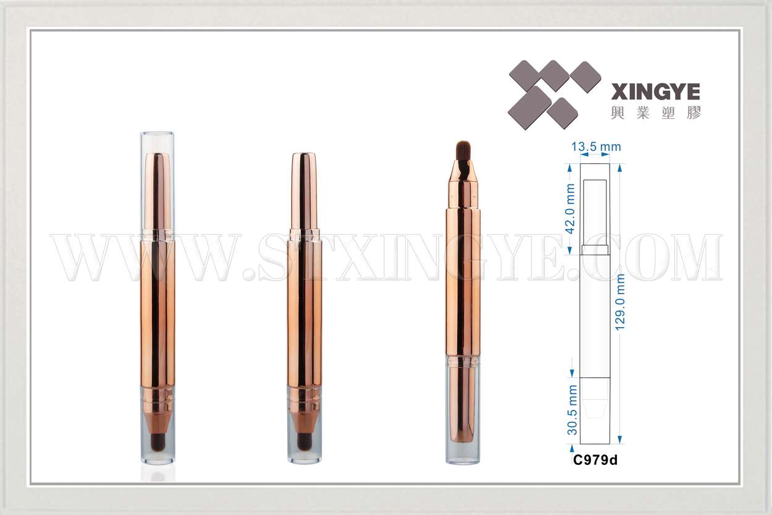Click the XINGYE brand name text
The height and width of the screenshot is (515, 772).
pyautogui.click(x=655, y=92)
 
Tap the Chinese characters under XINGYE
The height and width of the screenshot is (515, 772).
pyautogui.click(x=655, y=113)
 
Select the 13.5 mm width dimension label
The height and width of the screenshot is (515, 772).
pyautogui.click(x=596, y=147)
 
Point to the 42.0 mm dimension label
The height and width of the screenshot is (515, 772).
pyautogui.click(x=571, y=209)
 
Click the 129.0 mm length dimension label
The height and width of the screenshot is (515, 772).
pyautogui.click(x=620, y=302)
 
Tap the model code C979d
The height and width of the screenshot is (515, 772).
pyautogui.click(x=595, y=460)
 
